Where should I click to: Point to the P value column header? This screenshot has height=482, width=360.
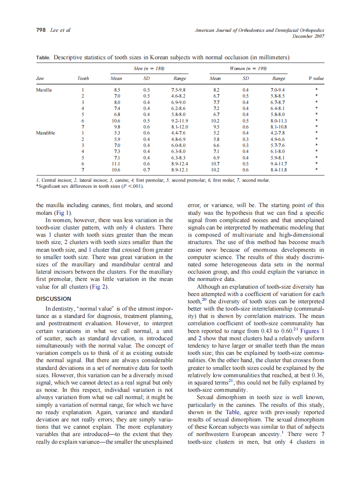pos(316,78)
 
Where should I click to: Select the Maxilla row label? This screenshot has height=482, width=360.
pos(44,90)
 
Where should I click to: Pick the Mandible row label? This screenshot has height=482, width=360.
pos(45,133)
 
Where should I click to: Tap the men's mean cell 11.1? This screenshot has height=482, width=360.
pos(116,164)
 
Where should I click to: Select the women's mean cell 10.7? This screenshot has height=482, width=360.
pos(217,164)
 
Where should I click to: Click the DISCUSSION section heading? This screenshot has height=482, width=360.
pos(54,299)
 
